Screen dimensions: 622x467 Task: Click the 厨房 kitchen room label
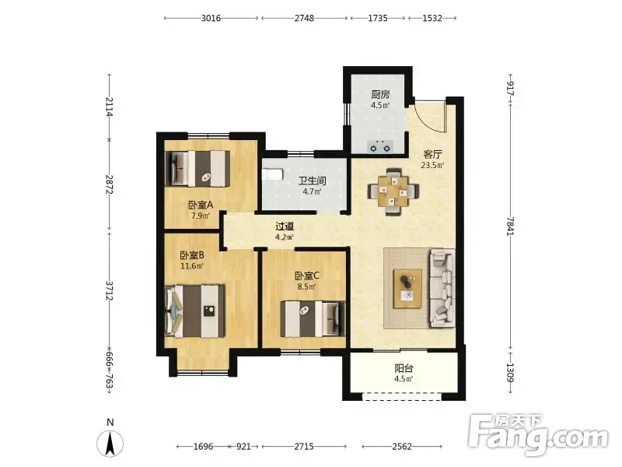pos(380,94)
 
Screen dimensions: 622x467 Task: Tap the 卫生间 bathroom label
pos(313,181)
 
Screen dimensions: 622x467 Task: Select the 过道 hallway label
pos(285,226)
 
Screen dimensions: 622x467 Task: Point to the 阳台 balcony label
pos(404,368)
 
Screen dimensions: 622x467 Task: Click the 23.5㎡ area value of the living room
pos(432,165)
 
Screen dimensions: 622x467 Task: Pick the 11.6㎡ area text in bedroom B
pos(192,266)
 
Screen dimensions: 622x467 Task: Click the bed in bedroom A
pos(197,168)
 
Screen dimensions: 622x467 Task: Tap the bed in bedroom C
pos(313,319)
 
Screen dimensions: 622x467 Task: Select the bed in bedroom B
pos(195,311)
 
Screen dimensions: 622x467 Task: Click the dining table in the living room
pos(393,191)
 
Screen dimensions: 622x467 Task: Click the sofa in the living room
pos(442,288)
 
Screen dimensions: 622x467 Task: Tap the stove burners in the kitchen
pos(380,146)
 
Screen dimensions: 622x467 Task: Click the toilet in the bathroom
pos(272,174)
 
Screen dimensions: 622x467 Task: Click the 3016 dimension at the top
pos(211,18)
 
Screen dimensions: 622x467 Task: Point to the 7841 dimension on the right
pos(510,226)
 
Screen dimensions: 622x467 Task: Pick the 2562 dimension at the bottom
pos(402,446)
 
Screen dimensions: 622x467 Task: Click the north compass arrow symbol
pos(110,443)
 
